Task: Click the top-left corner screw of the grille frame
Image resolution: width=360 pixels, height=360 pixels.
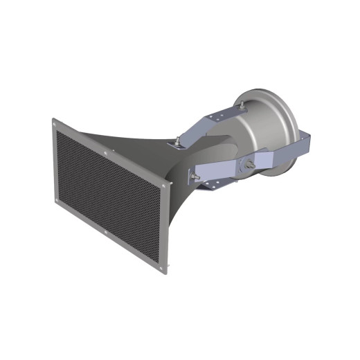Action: point(55,125)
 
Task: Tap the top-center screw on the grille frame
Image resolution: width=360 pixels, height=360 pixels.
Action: point(105,154)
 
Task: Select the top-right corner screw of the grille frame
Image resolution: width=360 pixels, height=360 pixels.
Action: point(163,186)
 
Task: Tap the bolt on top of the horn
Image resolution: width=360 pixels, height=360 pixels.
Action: point(176,142)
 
